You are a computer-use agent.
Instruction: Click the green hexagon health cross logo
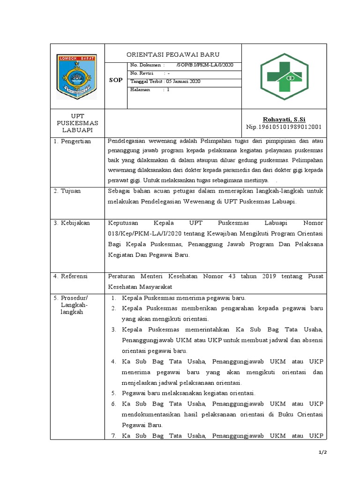tap(285, 76)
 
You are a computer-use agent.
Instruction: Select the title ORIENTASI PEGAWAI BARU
tap(173, 54)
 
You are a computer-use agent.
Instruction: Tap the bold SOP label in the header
tap(116, 80)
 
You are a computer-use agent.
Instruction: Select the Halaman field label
tap(140, 89)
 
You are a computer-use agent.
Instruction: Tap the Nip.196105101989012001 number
tap(284, 127)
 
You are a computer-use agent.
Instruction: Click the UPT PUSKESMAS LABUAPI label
tap(77, 122)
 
